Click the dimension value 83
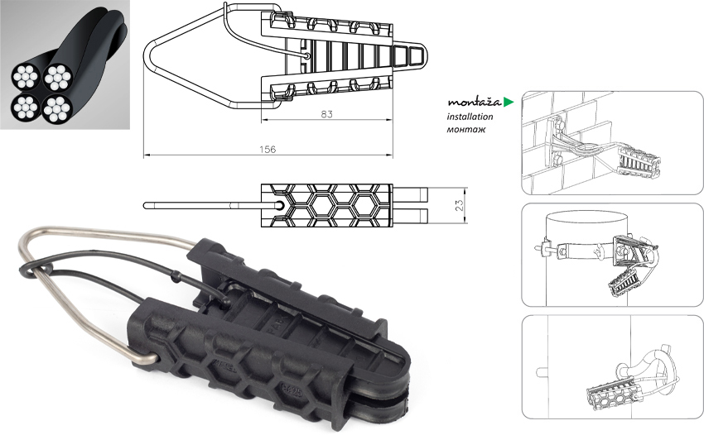(326, 114)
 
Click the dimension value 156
(268, 150)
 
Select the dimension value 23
(459, 205)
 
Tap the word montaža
(474, 102)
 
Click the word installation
(470, 117)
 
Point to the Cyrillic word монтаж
(466, 130)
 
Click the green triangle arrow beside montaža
(509, 103)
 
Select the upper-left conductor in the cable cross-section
(26, 76)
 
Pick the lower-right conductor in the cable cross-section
(58, 108)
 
